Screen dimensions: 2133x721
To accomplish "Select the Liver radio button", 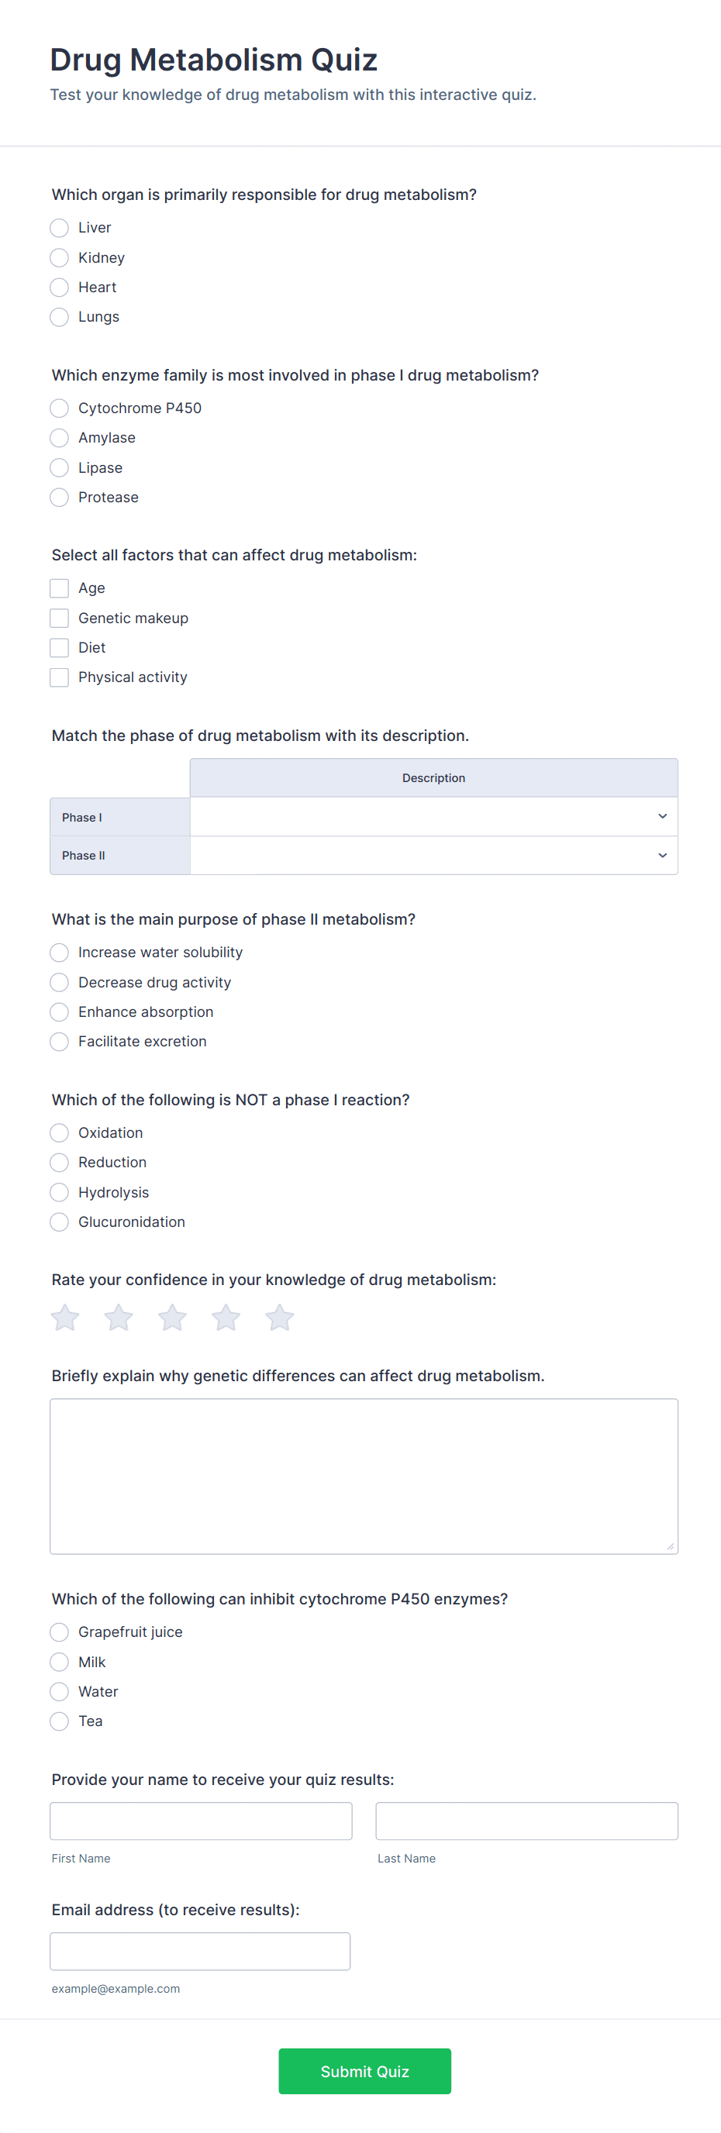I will [60, 228].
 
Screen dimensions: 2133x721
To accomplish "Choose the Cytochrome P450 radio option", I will [60, 408].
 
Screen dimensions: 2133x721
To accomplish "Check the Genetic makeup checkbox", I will [60, 618].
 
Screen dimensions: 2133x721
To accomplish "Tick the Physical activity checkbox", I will [60, 677].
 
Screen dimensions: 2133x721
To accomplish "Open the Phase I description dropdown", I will [433, 816].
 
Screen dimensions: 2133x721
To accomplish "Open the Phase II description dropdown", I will [433, 856].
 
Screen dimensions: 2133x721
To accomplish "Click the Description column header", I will [433, 777].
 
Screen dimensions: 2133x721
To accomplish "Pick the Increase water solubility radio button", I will [60, 953].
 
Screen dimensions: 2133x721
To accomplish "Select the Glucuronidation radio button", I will [60, 1222].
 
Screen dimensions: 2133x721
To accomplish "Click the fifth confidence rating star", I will [280, 1318].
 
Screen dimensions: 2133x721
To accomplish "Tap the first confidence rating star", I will [65, 1318].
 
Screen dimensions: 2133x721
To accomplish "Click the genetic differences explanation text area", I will [364, 1476].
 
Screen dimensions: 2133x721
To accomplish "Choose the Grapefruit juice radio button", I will [60, 1632].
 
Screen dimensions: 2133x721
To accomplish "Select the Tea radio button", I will [60, 1721].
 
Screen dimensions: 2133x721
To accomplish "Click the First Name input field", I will [201, 1821].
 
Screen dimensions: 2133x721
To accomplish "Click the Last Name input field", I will [526, 1821].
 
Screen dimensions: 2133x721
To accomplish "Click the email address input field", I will [200, 1951].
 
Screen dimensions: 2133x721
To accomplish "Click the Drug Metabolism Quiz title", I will [213, 60].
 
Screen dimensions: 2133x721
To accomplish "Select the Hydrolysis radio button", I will [60, 1192].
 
